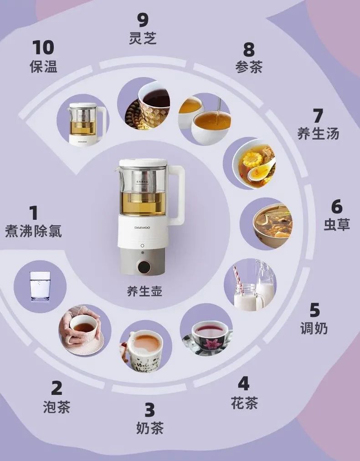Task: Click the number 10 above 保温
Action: click(x=43, y=47)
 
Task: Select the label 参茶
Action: click(x=249, y=67)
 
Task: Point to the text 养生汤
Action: click(x=318, y=133)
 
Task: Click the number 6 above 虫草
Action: click(x=337, y=207)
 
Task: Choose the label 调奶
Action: click(x=314, y=328)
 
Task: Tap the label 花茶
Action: click(x=244, y=403)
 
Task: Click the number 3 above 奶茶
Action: click(x=149, y=410)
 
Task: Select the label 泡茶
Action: click(x=57, y=406)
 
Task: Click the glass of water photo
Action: click(x=40, y=286)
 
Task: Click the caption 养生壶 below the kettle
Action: click(x=144, y=291)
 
